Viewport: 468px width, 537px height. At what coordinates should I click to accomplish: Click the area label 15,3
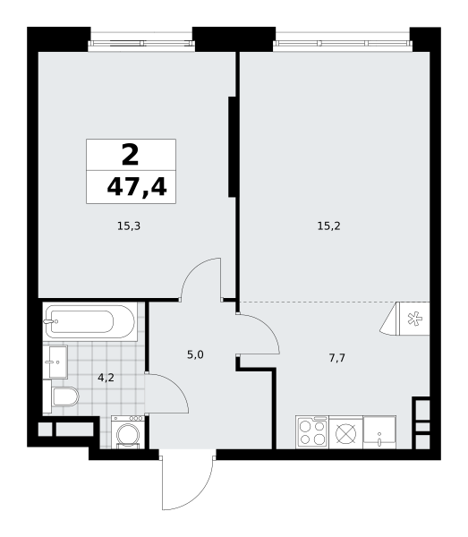click(129, 226)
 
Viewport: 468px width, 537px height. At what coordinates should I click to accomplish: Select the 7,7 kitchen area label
click(336, 357)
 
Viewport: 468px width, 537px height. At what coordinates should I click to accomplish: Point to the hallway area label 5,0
click(195, 354)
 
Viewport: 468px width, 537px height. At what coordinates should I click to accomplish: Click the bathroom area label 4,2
click(106, 377)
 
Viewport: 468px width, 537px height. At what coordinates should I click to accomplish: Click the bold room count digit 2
click(130, 156)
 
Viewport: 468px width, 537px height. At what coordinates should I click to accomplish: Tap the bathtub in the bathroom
click(90, 322)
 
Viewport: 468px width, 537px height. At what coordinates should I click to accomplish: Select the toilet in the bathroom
click(64, 396)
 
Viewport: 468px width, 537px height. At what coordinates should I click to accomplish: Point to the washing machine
click(128, 432)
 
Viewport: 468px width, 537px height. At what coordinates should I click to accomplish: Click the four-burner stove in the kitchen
click(312, 432)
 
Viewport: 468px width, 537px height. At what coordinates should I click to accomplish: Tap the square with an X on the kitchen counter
click(345, 432)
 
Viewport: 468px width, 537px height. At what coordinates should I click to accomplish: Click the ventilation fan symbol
click(413, 318)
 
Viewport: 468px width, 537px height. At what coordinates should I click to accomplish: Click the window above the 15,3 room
click(140, 41)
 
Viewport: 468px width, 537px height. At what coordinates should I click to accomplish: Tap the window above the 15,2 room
click(342, 41)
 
